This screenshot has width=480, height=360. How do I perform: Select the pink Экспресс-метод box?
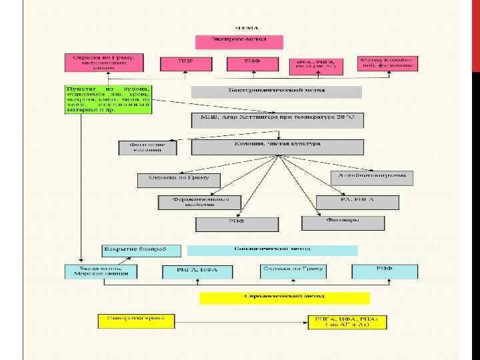pos(239,41)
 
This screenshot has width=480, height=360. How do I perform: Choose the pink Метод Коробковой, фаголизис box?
pos(387,63)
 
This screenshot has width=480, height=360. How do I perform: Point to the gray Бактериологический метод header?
pos(277,91)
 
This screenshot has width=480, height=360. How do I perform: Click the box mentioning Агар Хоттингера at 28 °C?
pos(277,120)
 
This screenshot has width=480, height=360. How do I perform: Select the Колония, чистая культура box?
pos(277,147)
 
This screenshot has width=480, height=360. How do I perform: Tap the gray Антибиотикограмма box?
pos(372,178)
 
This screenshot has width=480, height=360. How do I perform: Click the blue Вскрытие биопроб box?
pos(142,250)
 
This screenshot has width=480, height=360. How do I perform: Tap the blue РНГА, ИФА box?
pos(199,272)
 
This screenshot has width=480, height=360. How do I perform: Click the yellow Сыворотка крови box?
pos(136,321)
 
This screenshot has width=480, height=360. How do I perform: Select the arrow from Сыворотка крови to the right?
pos(240,321)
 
